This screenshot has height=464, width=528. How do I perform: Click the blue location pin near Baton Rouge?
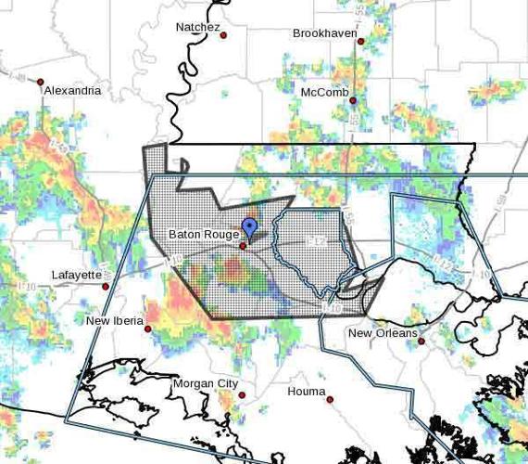point(248,227)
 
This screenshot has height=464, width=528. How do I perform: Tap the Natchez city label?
point(198,27)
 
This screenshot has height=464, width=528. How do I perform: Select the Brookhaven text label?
point(323,32)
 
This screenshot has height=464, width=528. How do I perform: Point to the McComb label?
point(324,92)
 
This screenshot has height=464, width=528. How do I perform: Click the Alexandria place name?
point(71,91)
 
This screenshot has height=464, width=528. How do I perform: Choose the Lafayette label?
point(77,275)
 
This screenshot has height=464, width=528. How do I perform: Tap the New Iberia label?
point(115,320)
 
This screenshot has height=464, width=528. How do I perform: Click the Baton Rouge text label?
point(203,234)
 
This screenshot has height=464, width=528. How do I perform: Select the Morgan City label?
point(206,383)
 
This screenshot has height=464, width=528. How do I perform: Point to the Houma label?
point(307,391)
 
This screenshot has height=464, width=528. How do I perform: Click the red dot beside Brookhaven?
point(361,41)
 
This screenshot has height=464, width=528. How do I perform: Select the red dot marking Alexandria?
point(41,82)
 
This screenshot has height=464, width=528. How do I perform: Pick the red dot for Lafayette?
point(106,286)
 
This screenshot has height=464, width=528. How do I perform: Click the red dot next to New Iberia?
point(147,329)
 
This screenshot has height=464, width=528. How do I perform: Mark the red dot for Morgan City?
point(242,394)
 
